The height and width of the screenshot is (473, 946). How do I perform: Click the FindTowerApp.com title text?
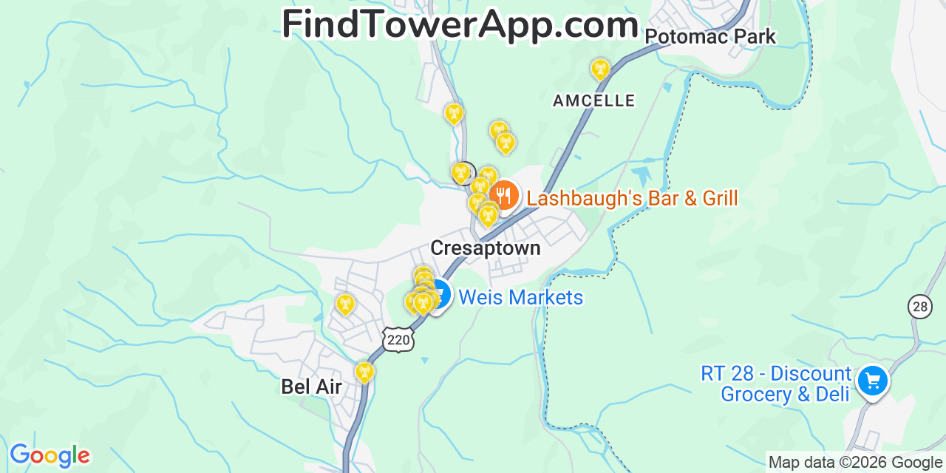(x=460, y=25)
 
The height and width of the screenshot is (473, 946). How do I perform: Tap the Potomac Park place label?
(x=710, y=36)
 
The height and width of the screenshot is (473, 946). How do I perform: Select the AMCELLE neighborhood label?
(x=594, y=101)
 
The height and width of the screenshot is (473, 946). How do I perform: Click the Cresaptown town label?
(x=485, y=248)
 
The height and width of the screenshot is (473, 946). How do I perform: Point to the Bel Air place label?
(x=311, y=387)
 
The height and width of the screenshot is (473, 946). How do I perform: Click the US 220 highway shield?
(x=398, y=339)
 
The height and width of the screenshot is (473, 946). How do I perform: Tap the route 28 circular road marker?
(x=919, y=307)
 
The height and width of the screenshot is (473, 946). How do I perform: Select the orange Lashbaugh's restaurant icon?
(x=505, y=195)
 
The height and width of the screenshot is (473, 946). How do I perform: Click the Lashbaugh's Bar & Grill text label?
(x=632, y=198)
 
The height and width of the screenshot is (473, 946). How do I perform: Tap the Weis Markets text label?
(x=520, y=298)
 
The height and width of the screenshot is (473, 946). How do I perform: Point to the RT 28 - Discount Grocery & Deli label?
(x=776, y=384)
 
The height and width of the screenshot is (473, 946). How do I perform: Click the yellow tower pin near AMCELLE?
(x=600, y=69)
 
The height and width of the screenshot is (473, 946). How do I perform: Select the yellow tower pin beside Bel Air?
(x=364, y=372)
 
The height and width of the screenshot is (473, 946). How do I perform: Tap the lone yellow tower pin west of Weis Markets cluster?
(x=344, y=304)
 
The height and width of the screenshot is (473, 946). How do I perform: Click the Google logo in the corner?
(x=49, y=455)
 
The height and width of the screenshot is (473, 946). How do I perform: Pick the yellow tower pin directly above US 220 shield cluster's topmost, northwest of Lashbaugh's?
(x=454, y=113)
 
